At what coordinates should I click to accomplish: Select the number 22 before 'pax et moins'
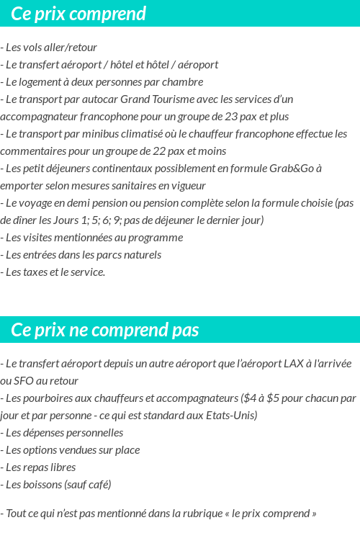[x=169, y=151]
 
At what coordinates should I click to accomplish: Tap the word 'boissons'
[x=42, y=485]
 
